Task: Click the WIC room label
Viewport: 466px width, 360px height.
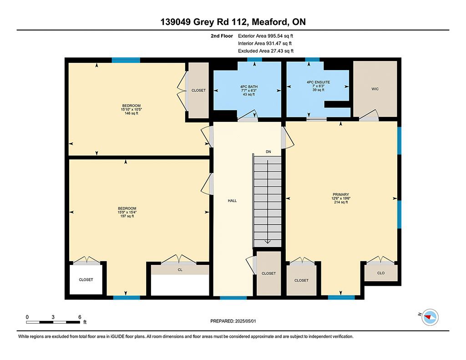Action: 375,89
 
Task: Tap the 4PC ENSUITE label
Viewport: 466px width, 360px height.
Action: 318,82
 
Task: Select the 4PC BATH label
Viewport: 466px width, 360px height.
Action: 249,87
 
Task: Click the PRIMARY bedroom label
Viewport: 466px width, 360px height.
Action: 341,194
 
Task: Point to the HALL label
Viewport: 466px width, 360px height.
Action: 233,201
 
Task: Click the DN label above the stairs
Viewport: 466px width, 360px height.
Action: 268,152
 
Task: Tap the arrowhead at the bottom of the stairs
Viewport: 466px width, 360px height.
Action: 268,242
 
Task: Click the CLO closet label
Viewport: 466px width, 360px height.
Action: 381,273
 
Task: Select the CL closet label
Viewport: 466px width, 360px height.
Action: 180,270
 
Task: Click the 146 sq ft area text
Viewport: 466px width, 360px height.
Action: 132,113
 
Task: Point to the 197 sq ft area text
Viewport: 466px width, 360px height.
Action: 127,216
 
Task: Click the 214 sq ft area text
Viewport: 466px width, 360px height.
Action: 341,202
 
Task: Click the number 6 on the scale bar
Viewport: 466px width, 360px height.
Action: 80,317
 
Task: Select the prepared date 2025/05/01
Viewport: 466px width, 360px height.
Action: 245,321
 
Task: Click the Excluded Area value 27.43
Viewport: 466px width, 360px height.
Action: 277,51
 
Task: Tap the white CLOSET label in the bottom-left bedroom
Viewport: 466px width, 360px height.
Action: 86,280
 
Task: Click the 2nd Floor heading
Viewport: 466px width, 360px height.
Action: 222,36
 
